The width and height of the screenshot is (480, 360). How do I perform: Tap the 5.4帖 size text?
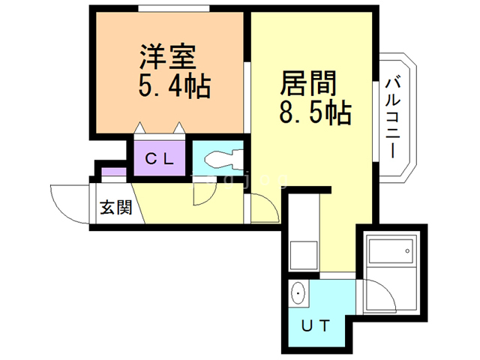[172, 87]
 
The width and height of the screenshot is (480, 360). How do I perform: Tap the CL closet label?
[159, 158]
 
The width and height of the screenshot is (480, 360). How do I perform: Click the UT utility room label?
[315, 325]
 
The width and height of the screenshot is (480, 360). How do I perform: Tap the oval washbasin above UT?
[298, 293]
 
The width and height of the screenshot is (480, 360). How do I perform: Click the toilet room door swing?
[202, 193]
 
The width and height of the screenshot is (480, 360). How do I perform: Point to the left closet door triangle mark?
[140, 128]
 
